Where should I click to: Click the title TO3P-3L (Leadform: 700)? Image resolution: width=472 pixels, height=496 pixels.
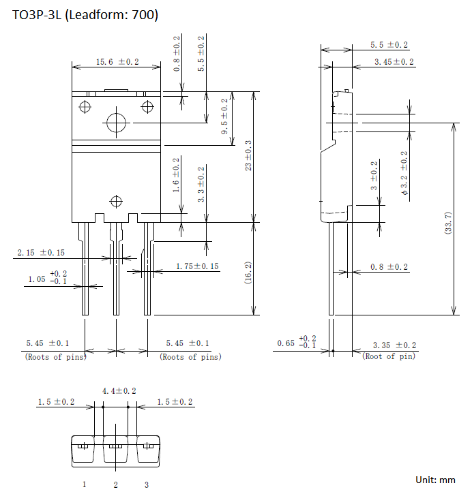tap(85, 14)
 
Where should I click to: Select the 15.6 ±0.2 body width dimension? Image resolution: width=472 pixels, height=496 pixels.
tap(117, 62)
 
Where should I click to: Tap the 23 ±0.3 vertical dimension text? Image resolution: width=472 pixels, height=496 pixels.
tap(248, 155)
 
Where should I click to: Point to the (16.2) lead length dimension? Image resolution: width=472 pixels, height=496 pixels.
tap(248, 273)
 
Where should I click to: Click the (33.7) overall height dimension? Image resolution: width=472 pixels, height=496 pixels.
tap(448, 223)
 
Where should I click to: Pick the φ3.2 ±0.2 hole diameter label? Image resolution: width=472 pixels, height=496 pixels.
tap(404, 173)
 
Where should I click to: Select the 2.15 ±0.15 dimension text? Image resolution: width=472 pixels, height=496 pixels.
tap(41, 252)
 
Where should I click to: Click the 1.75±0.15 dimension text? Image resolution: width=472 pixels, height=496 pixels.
tap(197, 266)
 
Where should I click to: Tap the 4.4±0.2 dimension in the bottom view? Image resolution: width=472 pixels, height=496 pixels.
tap(119, 391)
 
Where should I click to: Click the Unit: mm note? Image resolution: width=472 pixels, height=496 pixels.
tap(435, 480)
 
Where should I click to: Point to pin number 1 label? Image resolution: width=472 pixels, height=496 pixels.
tap(85, 484)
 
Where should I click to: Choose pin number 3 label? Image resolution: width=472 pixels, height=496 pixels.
tap(147, 484)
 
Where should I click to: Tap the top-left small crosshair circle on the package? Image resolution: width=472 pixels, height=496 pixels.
tap(85, 106)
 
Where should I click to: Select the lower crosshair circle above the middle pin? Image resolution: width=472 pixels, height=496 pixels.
tap(116, 201)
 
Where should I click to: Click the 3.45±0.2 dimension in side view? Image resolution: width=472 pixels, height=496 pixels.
tap(394, 62)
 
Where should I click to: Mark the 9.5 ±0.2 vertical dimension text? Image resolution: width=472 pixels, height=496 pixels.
tap(224, 117)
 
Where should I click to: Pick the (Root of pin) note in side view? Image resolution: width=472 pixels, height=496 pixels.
tap(389, 356)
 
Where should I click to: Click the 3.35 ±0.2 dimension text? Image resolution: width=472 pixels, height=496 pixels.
tap(394, 345)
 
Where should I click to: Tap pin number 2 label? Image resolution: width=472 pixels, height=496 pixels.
tap(116, 484)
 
